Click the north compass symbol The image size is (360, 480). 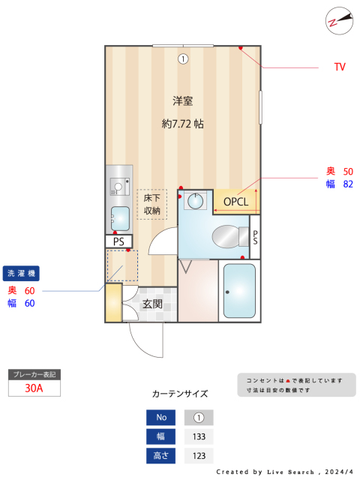coord(339,21)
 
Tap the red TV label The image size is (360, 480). coord(340,67)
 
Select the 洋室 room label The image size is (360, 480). coord(183,100)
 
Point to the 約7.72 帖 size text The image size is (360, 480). coord(183,124)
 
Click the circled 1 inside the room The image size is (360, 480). coord(183,58)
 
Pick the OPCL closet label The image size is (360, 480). coord(235,202)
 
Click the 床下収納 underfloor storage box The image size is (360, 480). coord(151,204)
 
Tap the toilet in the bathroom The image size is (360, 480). coord(230,237)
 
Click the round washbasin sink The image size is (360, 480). coord(195,201)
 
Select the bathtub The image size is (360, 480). coord(239,291)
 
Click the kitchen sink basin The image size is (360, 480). coord(120,218)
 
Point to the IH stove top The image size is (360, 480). coord(120,187)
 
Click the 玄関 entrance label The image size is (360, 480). coord(152,304)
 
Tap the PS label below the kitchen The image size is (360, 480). coord(118,241)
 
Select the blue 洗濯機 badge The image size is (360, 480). coord(21,273)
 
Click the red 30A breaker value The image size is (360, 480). coord(34,388)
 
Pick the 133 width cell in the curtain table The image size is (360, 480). coord(199,436)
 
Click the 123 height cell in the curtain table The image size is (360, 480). coord(199,456)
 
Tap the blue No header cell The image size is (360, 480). coord(161,418)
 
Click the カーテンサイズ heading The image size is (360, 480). coord(180,394)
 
